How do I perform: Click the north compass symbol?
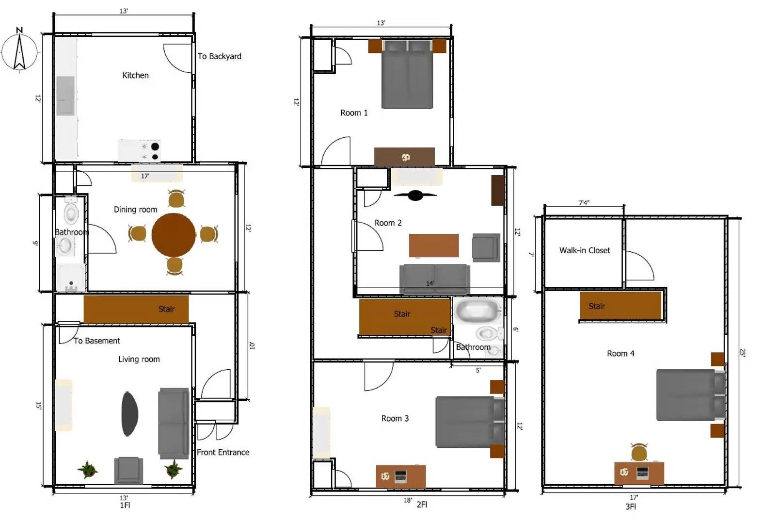click(19, 51)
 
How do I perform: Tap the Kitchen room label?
click(135, 75)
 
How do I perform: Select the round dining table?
click(174, 235)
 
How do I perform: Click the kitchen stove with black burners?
click(140, 151)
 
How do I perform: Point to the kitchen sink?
click(65, 96)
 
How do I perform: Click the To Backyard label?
click(219, 56)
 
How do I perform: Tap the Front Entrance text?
click(223, 452)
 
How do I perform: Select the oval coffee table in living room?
click(129, 414)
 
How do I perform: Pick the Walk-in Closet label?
click(585, 250)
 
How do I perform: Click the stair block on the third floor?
click(620, 306)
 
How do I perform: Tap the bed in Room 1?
click(407, 75)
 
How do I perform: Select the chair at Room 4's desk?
click(639, 453)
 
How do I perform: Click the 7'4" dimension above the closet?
click(584, 203)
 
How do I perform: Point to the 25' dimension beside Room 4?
click(742, 353)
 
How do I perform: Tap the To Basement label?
click(96, 341)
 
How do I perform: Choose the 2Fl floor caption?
click(422, 504)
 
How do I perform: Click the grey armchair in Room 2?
click(486, 247)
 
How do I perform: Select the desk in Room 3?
click(401, 476)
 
